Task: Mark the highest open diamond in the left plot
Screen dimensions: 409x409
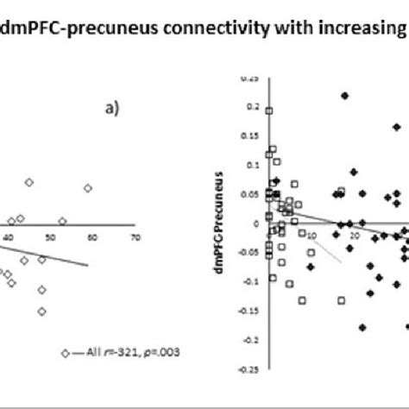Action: (29, 182)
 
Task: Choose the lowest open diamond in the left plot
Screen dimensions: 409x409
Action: (42, 311)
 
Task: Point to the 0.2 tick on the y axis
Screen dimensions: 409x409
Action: (253, 107)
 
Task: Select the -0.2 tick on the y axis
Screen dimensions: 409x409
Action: (251, 340)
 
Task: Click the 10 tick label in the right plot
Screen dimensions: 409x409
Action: (311, 236)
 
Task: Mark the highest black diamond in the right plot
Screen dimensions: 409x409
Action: (345, 96)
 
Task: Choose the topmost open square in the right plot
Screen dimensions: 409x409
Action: (269, 110)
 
